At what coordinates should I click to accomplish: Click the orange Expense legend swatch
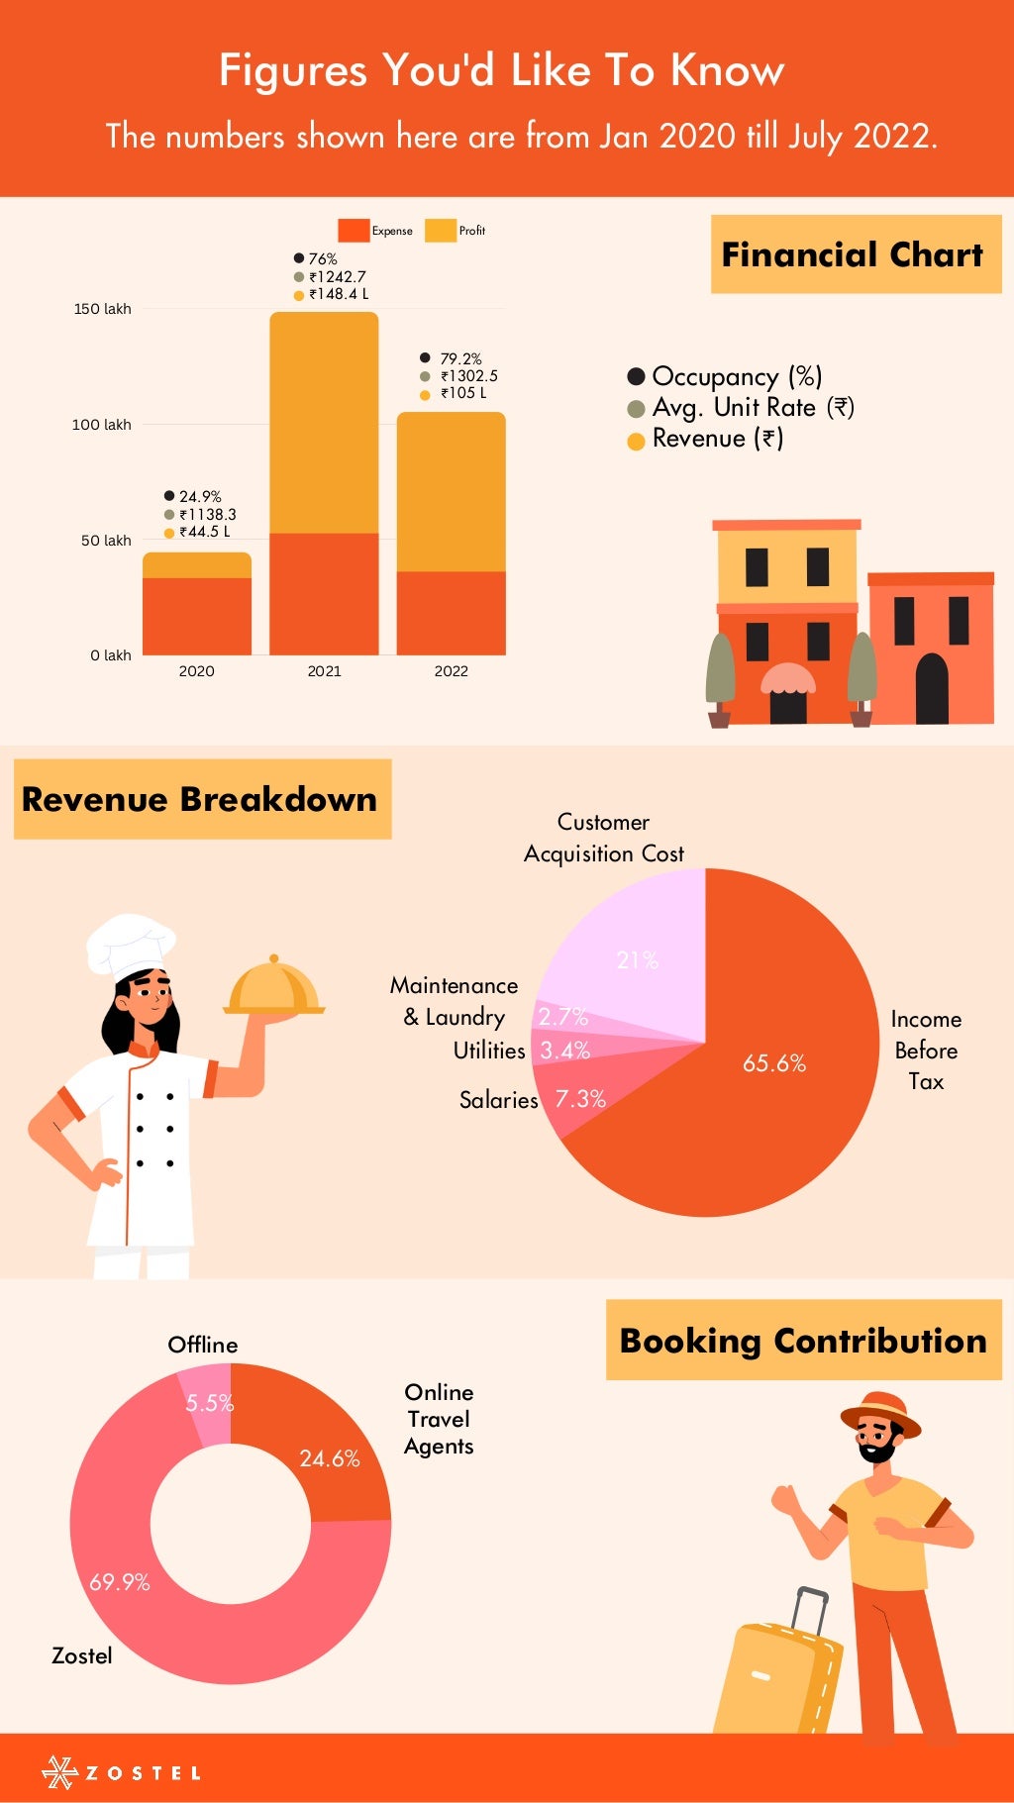point(354,231)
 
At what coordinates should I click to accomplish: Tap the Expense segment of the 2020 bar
point(196,615)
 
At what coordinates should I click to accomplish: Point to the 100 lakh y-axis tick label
point(101,425)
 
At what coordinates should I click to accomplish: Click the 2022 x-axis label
point(451,671)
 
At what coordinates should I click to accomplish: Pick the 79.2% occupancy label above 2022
point(460,358)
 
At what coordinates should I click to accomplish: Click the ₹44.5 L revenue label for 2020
point(204,532)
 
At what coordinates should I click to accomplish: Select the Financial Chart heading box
point(856,254)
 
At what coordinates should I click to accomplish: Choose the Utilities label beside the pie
point(489,1051)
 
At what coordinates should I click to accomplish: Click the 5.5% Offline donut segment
point(209,1403)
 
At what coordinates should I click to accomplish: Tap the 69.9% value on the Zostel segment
point(120,1582)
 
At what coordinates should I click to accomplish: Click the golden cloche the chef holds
point(274,987)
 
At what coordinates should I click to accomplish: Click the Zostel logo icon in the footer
point(59,1772)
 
